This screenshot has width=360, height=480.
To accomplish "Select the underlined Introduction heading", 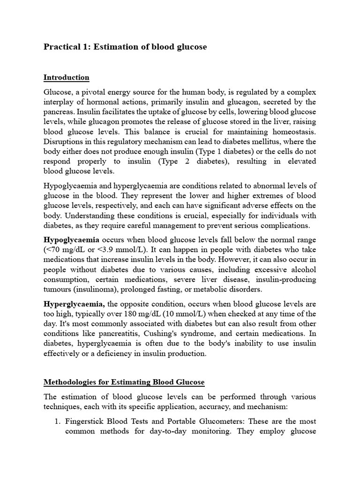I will (66, 77).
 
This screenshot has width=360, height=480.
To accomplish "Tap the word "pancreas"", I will (59, 112).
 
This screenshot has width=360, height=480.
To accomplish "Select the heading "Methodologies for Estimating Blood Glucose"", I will (124, 382).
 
